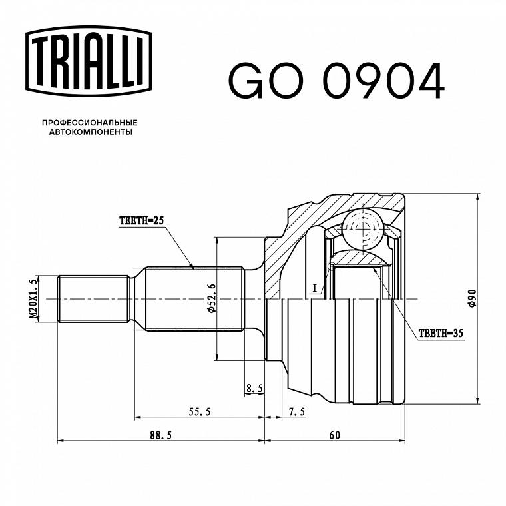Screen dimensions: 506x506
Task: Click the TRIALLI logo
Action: pyautogui.click(x=89, y=61)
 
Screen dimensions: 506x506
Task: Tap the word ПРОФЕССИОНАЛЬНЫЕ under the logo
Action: pyautogui.click(x=90, y=123)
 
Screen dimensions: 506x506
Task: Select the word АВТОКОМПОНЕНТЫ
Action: pyautogui.click(x=91, y=132)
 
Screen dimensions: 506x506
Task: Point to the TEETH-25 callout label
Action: pyautogui.click(x=141, y=221)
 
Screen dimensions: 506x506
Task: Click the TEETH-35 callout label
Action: pyautogui.click(x=441, y=333)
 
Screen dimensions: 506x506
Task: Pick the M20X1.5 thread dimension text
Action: pyautogui.click(x=33, y=299)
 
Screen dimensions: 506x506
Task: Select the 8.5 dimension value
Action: pyautogui.click(x=254, y=389)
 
